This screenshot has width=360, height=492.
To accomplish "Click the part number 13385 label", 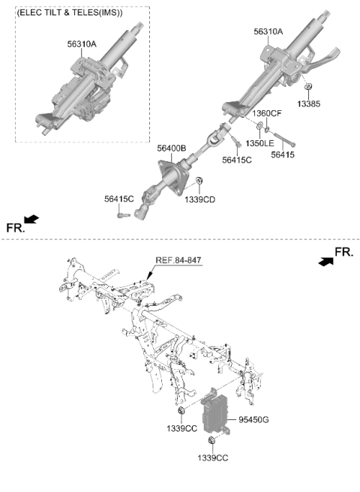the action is (x=308, y=103).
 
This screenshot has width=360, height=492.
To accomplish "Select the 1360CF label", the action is (x=267, y=113).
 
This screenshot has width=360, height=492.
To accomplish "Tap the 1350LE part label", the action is (x=259, y=143).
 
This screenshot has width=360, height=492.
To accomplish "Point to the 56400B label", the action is (x=171, y=148).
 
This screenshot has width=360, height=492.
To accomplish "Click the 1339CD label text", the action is (x=199, y=199).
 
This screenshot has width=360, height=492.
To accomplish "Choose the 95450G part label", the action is (x=253, y=419).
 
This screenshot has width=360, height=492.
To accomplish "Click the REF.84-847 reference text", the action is (x=178, y=260).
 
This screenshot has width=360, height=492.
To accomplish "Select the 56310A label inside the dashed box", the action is (x=82, y=44).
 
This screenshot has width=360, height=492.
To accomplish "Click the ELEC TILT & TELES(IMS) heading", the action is (x=69, y=13).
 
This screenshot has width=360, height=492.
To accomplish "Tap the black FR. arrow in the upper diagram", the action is (x=31, y=219).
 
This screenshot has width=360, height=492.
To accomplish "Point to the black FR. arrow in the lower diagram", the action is (x=325, y=261).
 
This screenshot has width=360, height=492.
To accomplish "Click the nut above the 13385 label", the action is (x=308, y=86).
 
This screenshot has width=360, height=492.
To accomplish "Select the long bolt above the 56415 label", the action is (x=284, y=139).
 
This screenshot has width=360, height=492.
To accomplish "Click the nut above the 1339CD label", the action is (x=199, y=181).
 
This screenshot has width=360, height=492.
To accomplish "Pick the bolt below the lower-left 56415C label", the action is (x=123, y=215).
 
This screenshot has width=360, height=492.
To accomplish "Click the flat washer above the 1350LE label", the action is (x=260, y=127).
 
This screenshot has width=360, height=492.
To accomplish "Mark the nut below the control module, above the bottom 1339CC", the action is (x=211, y=440).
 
